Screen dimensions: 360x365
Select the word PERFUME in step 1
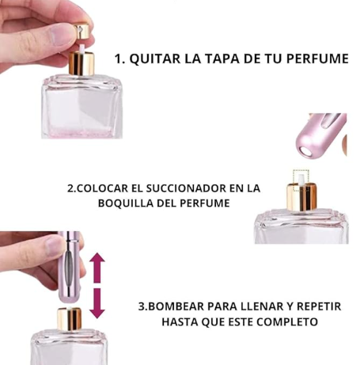click(x=317, y=59)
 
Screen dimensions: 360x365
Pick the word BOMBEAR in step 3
click(x=174, y=306)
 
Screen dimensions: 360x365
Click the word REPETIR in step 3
click(x=319, y=306)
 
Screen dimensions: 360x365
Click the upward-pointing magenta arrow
click(x=97, y=268)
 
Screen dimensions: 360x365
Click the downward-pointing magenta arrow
click(x=97, y=303)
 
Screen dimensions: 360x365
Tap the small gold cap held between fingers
click(x=81, y=31)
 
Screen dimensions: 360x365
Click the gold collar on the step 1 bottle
click(x=81, y=63)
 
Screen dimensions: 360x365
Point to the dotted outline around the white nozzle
click(x=301, y=181)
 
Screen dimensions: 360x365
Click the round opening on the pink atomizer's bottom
click(x=307, y=153)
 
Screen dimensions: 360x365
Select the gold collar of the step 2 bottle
click(x=301, y=196)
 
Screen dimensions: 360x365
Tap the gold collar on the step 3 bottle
click(x=70, y=319)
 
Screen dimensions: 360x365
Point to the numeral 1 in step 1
click(x=119, y=59)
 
